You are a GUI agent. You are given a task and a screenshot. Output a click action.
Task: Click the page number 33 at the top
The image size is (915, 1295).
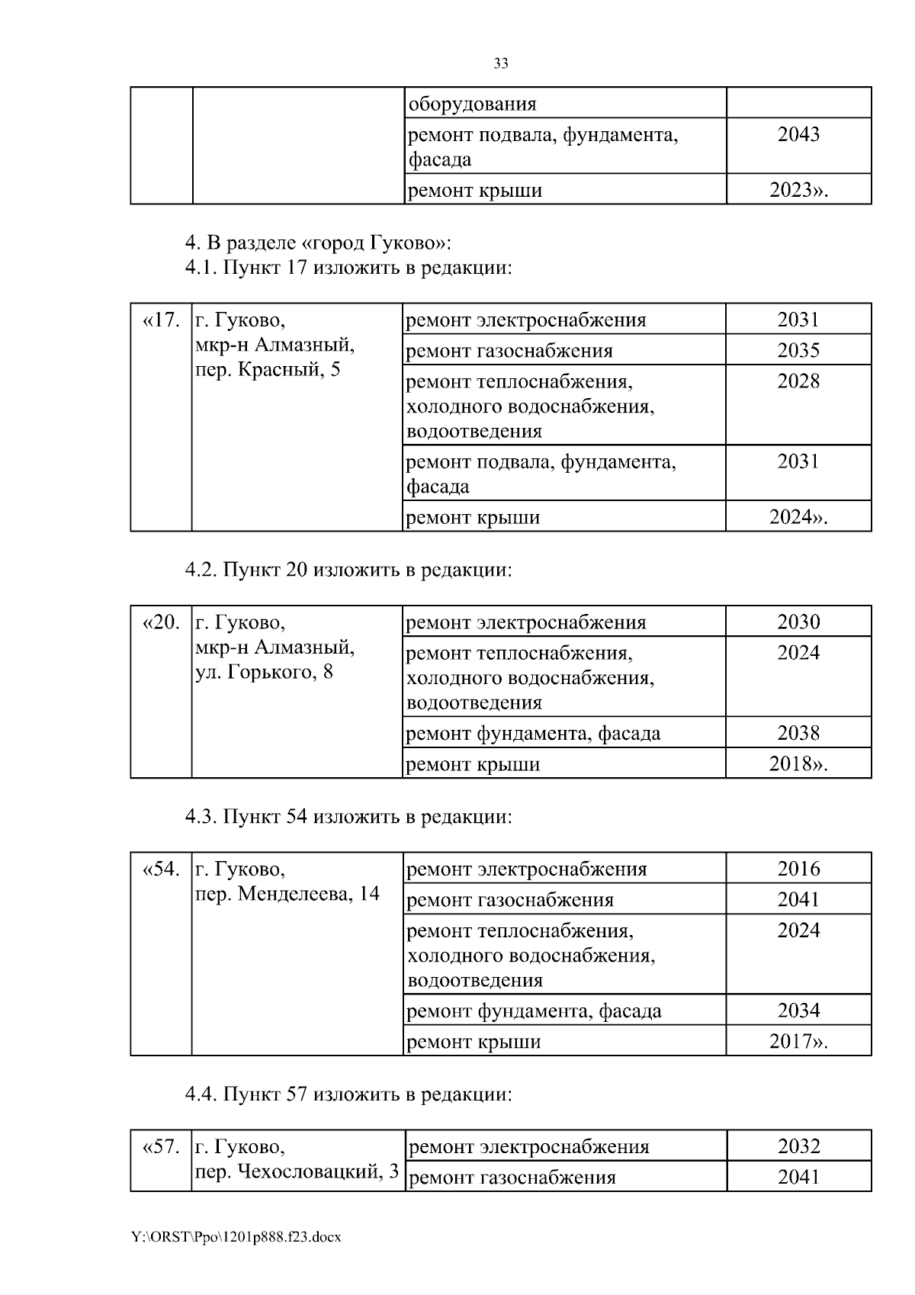501,63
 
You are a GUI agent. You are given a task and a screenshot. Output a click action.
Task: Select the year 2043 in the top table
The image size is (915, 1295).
798,134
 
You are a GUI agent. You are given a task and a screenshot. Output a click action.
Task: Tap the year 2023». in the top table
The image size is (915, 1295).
798,190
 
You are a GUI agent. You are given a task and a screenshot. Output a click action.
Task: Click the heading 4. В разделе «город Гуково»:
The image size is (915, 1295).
319,243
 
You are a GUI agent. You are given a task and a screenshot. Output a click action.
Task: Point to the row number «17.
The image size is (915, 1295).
161,320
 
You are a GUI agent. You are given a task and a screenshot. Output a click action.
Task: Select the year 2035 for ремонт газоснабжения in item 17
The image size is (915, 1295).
798,350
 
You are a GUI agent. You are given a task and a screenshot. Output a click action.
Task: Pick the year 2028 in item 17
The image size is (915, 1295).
798,381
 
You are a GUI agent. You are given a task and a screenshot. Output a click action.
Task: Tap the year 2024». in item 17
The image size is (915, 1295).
798,517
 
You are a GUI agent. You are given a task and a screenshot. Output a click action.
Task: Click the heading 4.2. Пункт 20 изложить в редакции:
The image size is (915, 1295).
348,570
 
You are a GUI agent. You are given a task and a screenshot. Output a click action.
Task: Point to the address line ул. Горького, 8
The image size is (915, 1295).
264,672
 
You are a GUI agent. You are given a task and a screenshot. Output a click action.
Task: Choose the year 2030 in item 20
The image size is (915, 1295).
798,622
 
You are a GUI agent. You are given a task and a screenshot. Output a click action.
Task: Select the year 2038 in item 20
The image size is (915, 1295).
798,733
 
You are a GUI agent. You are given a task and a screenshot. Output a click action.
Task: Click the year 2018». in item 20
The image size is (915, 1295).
798,764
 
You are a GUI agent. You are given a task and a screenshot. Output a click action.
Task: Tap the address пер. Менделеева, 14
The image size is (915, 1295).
287,893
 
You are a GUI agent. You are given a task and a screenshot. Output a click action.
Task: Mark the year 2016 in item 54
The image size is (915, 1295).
798,869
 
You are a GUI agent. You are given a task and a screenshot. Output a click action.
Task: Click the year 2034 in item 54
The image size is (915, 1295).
798,1011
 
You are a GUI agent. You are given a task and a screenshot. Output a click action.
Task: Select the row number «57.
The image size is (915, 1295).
161,1146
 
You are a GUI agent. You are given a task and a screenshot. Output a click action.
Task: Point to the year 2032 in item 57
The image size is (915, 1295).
798,1146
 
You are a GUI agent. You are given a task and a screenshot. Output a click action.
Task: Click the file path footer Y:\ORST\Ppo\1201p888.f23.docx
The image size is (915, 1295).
236,1237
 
